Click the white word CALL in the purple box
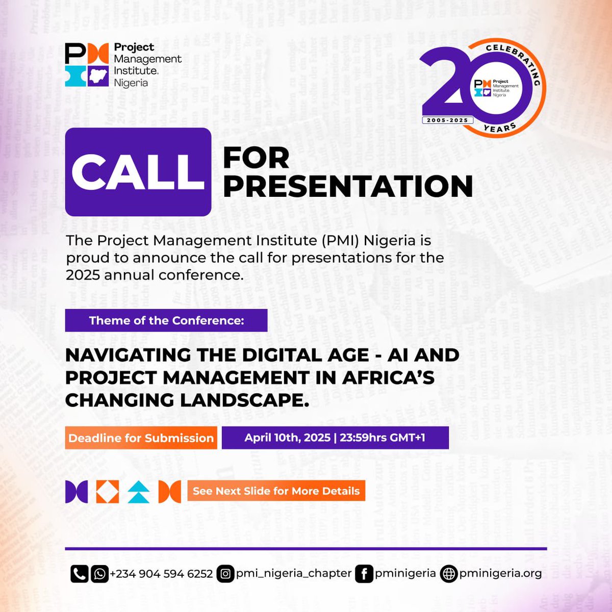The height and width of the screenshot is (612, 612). (138, 171)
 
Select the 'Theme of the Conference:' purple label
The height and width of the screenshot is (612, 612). (166, 321)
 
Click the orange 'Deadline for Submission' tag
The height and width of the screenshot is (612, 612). (141, 438)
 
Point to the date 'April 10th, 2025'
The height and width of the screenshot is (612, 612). (287, 438)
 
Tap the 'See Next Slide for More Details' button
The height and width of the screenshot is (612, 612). (276, 491)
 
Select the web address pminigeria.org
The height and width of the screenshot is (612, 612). (500, 574)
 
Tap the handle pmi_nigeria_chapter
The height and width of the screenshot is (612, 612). (294, 574)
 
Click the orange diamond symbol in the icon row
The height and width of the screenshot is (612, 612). (108, 492)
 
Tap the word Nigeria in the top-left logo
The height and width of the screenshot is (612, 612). (131, 83)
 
